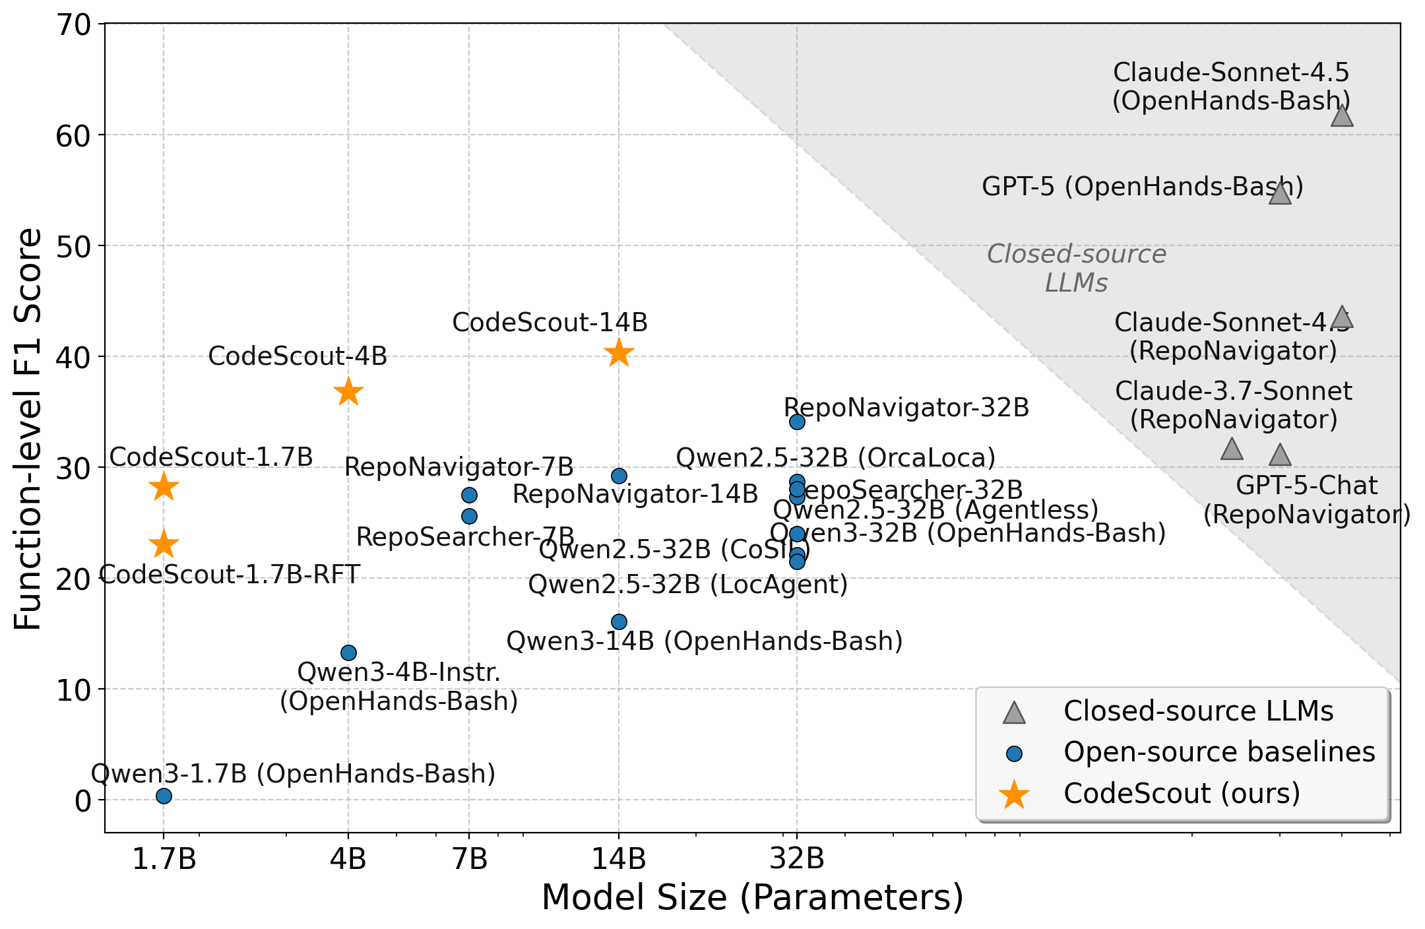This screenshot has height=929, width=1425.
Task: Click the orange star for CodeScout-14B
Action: [619, 353]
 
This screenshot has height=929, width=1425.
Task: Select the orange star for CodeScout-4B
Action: [348, 393]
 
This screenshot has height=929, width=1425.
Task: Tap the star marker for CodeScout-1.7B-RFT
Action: [164, 545]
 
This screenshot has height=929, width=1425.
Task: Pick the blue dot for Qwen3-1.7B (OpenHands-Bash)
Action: [164, 796]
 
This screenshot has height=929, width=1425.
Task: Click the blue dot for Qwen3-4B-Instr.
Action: [348, 653]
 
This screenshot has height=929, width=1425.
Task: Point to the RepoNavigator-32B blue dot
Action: [797, 422]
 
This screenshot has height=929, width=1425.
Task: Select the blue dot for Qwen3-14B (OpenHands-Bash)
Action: [619, 622]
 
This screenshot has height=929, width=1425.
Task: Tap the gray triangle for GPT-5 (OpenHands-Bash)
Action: [1280, 194]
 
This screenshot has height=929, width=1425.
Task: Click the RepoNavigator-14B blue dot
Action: [619, 476]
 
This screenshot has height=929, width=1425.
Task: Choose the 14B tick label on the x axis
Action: [619, 859]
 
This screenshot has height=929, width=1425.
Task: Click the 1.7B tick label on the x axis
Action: [164, 859]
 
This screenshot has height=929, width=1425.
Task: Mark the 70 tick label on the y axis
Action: [73, 25]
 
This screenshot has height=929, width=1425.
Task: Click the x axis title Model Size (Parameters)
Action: [752, 898]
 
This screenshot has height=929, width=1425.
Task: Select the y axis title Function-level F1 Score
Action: [28, 429]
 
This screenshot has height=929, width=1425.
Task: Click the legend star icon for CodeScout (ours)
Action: [1014, 794]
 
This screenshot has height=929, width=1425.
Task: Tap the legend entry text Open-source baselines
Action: [1219, 752]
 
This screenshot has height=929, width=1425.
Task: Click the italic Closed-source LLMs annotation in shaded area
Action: [1076, 268]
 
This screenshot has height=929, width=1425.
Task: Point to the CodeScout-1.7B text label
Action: [211, 457]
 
